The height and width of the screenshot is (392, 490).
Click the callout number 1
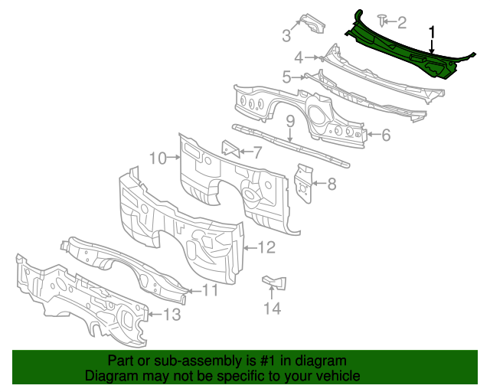(x=433, y=32)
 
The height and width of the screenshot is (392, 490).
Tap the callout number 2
(x=401, y=22)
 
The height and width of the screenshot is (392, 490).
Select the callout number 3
(x=286, y=34)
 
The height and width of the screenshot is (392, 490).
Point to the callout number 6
(x=385, y=136)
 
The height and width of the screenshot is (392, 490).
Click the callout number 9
(x=291, y=120)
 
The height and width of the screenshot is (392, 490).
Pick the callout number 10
(x=158, y=158)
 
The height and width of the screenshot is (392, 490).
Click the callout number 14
(x=273, y=308)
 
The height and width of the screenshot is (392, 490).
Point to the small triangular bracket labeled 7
(x=229, y=148)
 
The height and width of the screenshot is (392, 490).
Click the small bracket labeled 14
(x=273, y=283)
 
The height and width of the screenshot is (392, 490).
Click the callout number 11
(x=210, y=290)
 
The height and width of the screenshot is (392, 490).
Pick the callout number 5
(x=287, y=77)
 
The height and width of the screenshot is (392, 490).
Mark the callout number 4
(x=299, y=57)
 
